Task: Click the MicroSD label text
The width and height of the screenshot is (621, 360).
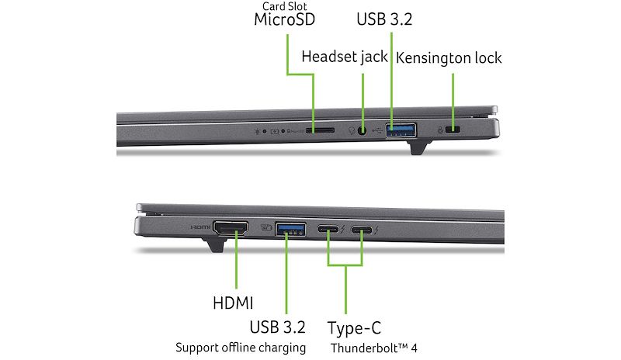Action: (x=284, y=19)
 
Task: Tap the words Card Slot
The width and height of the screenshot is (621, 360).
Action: (x=284, y=6)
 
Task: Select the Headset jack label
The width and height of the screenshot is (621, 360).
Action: (x=344, y=57)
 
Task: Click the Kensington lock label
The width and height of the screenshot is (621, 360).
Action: (x=449, y=58)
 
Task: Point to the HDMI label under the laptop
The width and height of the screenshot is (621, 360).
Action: (x=233, y=303)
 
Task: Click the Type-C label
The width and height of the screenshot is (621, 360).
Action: (x=354, y=328)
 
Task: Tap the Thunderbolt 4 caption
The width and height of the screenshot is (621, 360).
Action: (x=374, y=348)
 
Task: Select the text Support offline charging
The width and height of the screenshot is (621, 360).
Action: (x=241, y=348)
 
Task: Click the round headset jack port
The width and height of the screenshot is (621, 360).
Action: (x=362, y=130)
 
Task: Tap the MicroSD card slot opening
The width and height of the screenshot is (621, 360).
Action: (x=320, y=130)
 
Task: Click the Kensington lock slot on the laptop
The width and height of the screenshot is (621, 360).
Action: (x=453, y=130)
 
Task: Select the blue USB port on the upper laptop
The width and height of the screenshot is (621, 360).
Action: (x=401, y=130)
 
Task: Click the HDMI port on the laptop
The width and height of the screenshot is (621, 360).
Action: (x=231, y=228)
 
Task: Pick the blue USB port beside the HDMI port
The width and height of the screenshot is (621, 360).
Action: (x=290, y=229)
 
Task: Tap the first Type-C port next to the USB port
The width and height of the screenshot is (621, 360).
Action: (x=328, y=230)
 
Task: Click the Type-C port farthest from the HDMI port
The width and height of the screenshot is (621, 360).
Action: (x=362, y=230)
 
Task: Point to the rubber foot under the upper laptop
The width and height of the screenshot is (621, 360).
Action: (x=418, y=147)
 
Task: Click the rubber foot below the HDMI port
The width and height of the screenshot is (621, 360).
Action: (x=214, y=244)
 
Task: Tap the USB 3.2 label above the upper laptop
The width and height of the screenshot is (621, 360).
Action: (x=384, y=19)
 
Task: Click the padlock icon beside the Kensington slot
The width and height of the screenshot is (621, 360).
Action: (x=439, y=130)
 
